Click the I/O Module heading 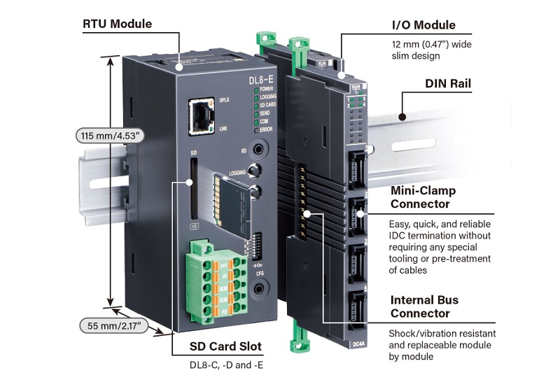423,25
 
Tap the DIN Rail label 448,84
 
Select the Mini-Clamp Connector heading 423,197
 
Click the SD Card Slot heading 225,346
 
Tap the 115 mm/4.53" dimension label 111,135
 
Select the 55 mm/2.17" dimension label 112,325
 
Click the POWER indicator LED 255,90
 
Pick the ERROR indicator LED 255,129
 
